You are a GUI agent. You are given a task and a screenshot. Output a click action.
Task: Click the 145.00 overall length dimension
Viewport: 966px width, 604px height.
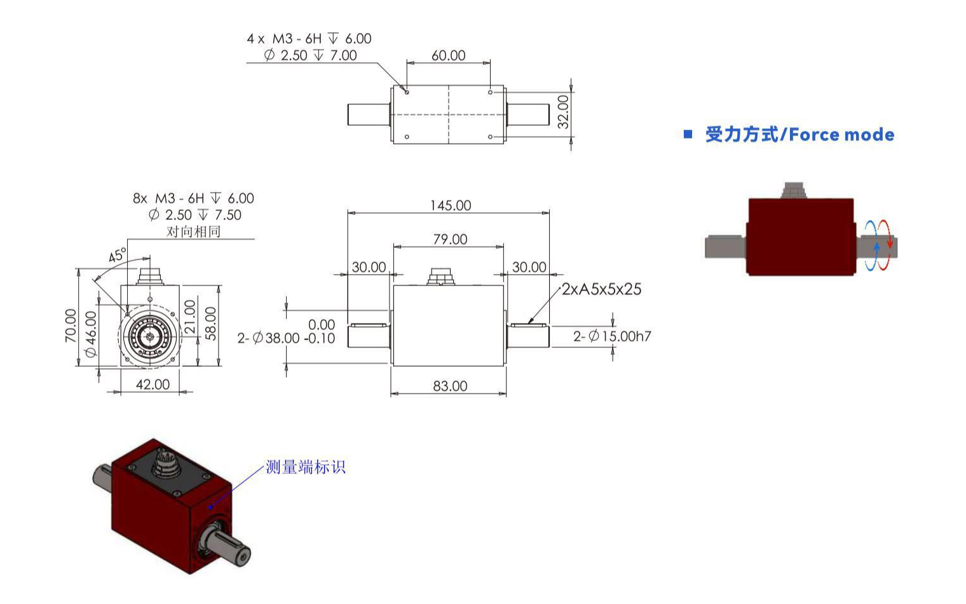pyautogui.click(x=451, y=205)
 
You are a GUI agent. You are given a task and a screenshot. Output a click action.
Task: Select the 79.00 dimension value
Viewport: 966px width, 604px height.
pyautogui.click(x=450, y=239)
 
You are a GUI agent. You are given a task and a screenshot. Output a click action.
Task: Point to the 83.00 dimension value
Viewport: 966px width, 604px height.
pyautogui.click(x=450, y=386)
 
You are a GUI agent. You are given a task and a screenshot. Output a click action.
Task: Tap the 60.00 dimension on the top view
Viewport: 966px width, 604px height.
pyautogui.click(x=448, y=55)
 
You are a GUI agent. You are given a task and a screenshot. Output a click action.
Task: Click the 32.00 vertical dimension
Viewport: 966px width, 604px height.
pyautogui.click(x=563, y=112)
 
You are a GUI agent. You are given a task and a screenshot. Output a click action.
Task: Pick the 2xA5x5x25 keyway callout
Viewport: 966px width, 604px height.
pyautogui.click(x=601, y=289)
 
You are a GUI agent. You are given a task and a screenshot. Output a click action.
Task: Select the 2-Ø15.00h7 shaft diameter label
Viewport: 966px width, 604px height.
pyautogui.click(x=612, y=336)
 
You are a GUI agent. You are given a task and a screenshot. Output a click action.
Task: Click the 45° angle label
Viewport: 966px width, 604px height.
pyautogui.click(x=117, y=256)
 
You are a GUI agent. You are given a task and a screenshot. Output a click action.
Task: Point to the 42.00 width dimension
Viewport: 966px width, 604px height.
pyautogui.click(x=153, y=385)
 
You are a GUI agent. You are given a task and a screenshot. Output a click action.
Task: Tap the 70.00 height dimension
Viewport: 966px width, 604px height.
pyautogui.click(x=71, y=326)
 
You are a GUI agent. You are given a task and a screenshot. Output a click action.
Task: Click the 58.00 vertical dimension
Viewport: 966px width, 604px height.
pyautogui.click(x=211, y=324)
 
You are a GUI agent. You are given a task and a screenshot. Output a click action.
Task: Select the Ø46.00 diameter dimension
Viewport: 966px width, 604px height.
pyautogui.click(x=91, y=334)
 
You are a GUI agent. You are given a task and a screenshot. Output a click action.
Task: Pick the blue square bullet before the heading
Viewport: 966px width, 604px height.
pyautogui.click(x=688, y=134)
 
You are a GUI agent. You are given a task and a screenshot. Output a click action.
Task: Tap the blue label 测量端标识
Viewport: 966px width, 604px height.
pyautogui.click(x=305, y=467)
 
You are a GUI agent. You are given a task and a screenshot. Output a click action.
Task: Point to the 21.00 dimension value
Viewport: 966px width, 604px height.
pyautogui.click(x=190, y=317)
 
